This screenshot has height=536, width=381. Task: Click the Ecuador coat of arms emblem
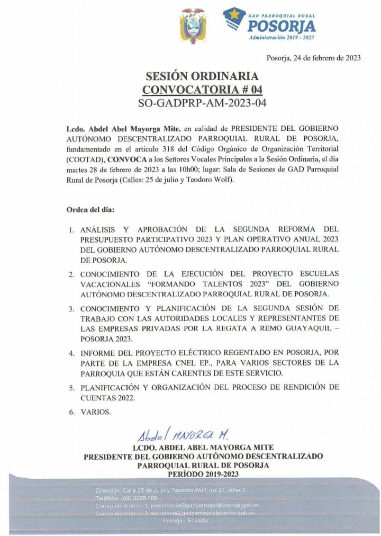click(193, 25)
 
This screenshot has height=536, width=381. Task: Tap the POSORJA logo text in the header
click(282, 25)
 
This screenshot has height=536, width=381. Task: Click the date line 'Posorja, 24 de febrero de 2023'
click(313, 58)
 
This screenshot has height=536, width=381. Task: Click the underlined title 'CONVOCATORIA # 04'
click(202, 89)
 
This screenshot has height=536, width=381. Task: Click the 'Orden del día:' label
click(90, 209)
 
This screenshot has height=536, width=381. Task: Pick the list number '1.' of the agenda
click(71, 230)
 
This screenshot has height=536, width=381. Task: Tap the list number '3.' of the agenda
click(71, 309)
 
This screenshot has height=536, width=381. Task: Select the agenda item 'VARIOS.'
click(95, 412)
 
